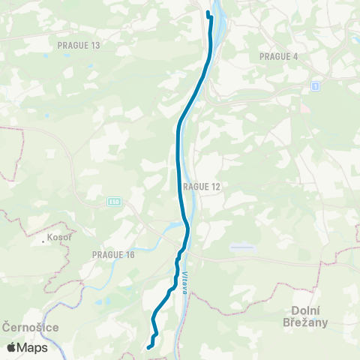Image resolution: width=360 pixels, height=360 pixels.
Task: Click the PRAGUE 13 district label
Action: pos(78,45)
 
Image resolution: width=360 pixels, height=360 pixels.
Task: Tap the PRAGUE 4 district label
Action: pos(278,56)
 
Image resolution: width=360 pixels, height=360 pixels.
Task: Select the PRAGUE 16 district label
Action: pos(113,255)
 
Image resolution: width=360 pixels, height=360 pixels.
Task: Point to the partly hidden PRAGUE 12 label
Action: pos(202,186)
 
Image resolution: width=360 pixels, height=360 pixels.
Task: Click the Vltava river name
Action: pos(183,283)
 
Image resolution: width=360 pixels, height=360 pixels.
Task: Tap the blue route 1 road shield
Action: pos(316,86)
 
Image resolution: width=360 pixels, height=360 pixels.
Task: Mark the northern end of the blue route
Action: pos(208,13)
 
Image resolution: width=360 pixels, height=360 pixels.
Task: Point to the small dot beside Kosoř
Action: pos(44,243)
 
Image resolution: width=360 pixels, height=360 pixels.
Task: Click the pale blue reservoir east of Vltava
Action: pos(241,246)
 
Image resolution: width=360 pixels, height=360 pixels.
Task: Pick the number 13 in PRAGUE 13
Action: pos(94,45)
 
